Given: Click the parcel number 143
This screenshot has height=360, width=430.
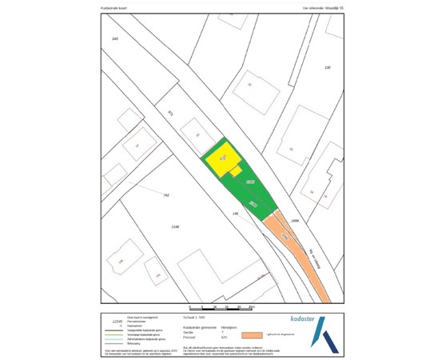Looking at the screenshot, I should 115,38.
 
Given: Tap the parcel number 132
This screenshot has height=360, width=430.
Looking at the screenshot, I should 327,67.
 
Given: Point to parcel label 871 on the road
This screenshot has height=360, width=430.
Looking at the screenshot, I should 170,114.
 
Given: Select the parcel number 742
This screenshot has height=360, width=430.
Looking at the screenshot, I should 166,195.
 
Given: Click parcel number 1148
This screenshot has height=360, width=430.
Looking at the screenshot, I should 175,226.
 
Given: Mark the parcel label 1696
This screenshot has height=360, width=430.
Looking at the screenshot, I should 295,220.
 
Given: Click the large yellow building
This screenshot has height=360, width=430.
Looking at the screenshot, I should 221,159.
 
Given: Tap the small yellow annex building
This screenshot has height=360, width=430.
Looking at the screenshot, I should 236,171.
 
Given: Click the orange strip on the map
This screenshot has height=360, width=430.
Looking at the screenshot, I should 300,256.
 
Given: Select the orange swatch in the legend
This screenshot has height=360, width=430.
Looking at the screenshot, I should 253,334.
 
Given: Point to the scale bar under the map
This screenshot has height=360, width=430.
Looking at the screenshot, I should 220,308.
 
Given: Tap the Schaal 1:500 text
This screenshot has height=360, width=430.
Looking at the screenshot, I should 195,318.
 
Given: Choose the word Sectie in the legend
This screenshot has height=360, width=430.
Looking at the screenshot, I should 189,331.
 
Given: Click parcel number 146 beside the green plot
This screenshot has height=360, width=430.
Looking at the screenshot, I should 235,214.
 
